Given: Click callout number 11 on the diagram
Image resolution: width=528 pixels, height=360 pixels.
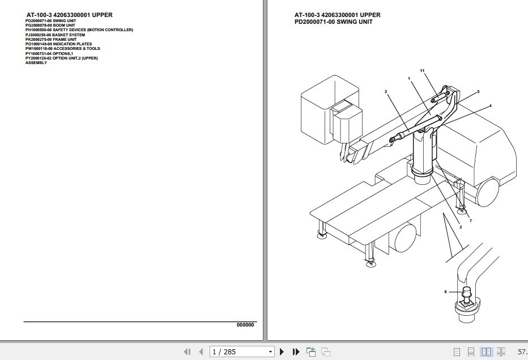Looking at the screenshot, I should [422, 70].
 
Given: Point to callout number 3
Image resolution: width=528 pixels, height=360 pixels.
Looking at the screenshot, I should [385, 91].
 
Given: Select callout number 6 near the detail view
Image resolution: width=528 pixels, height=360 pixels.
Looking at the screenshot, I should [446, 291].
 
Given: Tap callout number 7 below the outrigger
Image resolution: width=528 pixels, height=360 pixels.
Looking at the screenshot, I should [470, 221].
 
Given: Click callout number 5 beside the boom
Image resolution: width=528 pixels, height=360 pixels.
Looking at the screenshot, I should [478, 91].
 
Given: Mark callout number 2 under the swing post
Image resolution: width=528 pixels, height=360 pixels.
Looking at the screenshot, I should [460, 227].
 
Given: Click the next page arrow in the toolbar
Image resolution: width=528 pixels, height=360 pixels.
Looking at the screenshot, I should [282, 352].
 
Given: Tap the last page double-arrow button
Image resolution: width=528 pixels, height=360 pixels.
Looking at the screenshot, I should [296, 352].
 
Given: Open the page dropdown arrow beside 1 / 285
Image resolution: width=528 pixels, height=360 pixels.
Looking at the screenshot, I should [270, 352].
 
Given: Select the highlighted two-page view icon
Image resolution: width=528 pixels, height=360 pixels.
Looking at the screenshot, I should [485, 352].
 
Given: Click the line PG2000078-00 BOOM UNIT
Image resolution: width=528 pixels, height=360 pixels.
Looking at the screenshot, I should [50, 25].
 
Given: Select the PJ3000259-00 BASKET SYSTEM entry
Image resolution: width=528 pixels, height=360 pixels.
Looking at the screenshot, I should [55, 35].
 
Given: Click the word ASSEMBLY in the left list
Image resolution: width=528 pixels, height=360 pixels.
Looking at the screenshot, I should [36, 62].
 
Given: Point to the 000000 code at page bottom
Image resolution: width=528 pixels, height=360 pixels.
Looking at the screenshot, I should [245, 325].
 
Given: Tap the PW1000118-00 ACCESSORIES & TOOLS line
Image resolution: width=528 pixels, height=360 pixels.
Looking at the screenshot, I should [62, 49].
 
